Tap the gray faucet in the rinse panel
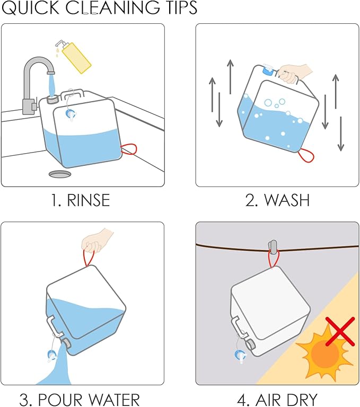[33, 79]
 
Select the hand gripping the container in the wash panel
[293, 73]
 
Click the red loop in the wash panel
[305, 156]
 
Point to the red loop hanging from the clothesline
[273, 260]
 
